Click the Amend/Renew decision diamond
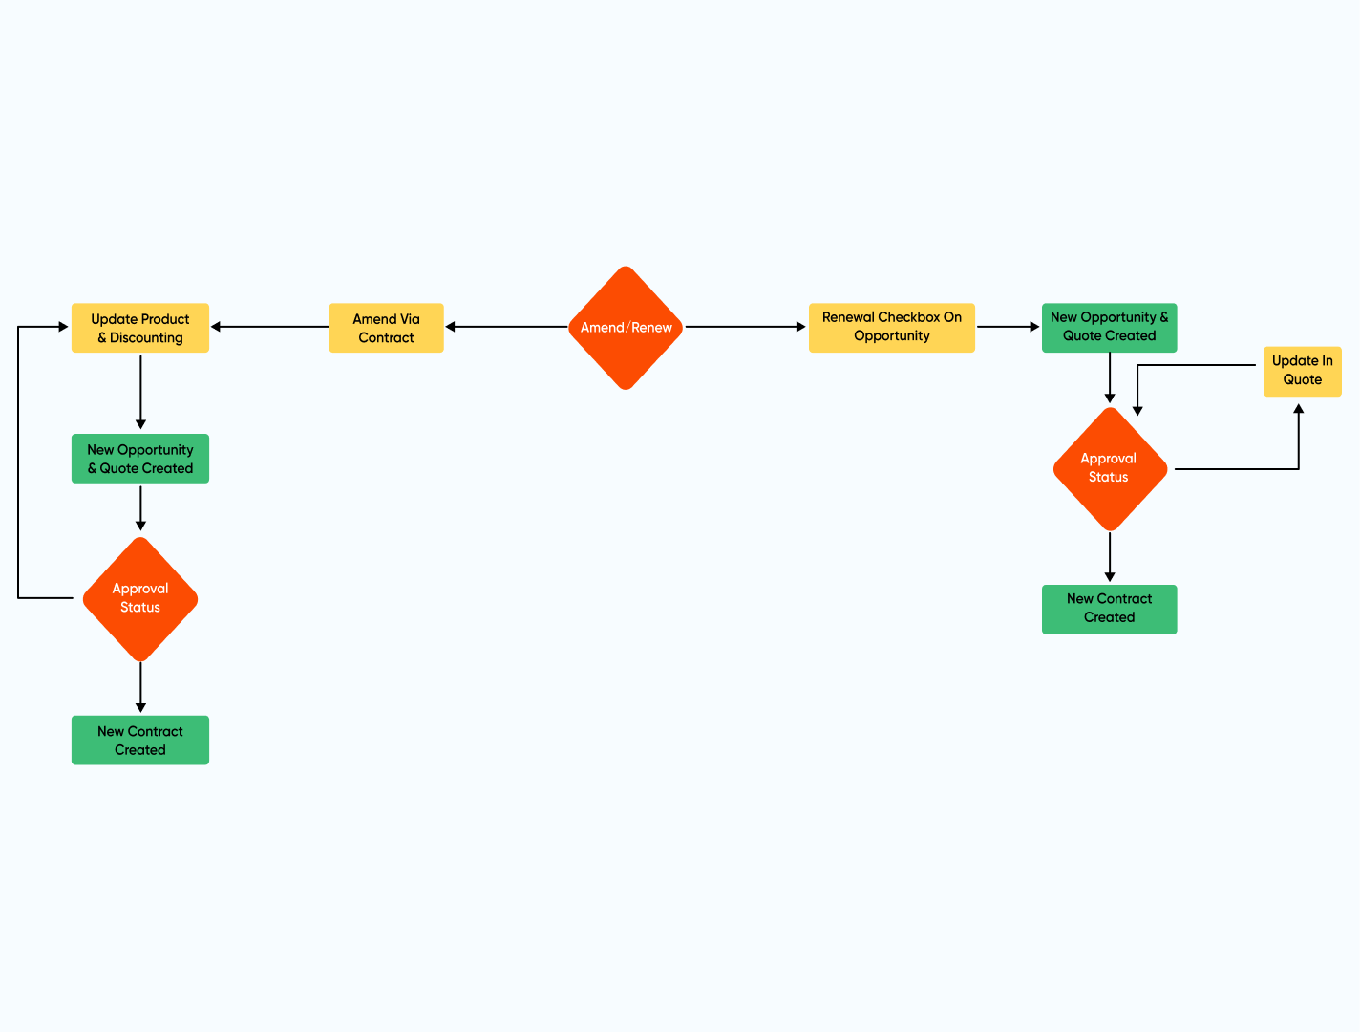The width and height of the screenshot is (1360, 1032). click(626, 328)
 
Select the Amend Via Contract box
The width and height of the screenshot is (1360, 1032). click(386, 328)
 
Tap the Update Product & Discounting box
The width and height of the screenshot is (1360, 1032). click(140, 328)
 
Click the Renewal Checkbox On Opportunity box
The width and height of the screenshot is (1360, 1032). click(891, 327)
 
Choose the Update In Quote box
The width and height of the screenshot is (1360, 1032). click(1302, 371)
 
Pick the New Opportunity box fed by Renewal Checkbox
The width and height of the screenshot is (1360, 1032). click(1109, 327)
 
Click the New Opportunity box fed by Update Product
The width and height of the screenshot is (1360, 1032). click(140, 459)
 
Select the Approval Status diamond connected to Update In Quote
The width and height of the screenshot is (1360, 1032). click(1109, 468)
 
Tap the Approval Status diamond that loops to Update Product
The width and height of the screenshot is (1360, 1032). click(140, 598)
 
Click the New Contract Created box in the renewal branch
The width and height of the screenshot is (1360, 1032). click(1109, 609)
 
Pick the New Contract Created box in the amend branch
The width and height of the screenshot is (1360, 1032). click(140, 741)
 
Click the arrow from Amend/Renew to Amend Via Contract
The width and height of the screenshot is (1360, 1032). click(506, 327)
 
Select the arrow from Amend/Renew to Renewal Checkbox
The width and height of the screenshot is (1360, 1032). click(745, 327)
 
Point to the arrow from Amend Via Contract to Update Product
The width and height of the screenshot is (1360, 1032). click(269, 327)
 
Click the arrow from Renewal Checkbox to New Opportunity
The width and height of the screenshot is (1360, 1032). click(1008, 327)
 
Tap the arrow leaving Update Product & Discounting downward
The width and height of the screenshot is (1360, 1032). click(140, 392)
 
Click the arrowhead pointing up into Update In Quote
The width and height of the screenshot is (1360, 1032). click(1298, 410)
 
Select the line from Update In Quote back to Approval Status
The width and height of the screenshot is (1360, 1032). click(1194, 365)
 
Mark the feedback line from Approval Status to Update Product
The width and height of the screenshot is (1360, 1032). click(18, 459)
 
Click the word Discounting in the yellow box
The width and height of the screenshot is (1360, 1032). click(146, 337)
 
